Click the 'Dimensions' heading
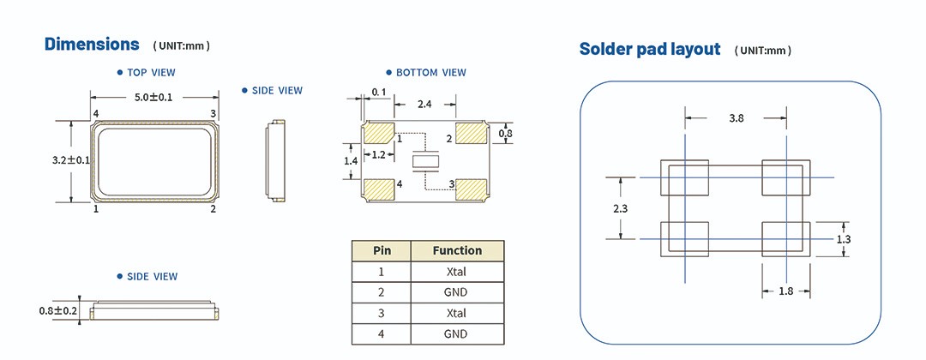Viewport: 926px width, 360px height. (92, 44)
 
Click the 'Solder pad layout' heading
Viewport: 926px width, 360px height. (649, 49)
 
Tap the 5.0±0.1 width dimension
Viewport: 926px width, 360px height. (153, 98)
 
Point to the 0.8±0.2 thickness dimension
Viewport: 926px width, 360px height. (58, 310)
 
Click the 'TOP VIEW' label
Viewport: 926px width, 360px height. (150, 73)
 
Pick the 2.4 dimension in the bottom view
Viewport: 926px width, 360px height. (424, 104)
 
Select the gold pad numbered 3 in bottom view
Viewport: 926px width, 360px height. (470, 189)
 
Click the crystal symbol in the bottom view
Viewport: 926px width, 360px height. (424, 161)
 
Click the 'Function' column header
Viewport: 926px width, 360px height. (457, 250)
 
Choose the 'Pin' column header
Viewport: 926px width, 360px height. (382, 250)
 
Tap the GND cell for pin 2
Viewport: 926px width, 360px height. (457, 292)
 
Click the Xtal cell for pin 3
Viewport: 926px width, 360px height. (457, 313)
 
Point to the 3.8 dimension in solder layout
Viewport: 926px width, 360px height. (736, 119)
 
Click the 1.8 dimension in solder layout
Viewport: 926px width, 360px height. (785, 291)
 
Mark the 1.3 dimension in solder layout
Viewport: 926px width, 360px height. (843, 239)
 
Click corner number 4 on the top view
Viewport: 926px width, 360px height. (96, 114)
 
